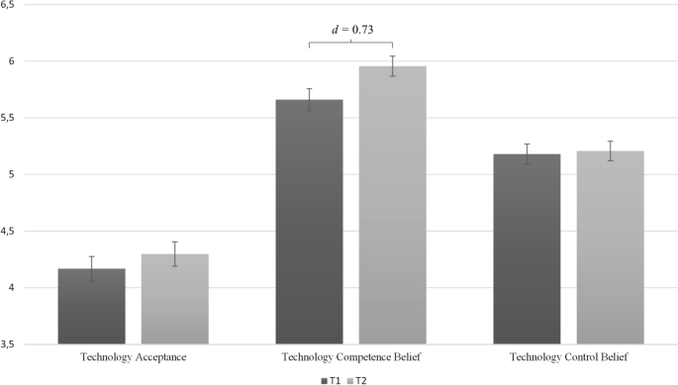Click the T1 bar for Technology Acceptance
tap(91, 307)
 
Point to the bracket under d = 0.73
tap(350, 43)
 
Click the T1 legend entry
tap(330, 378)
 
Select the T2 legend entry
tap(359, 378)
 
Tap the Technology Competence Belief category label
tap(350, 356)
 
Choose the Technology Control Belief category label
tap(568, 356)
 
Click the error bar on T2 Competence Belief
tap(392, 65)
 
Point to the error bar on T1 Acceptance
tap(91, 268)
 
